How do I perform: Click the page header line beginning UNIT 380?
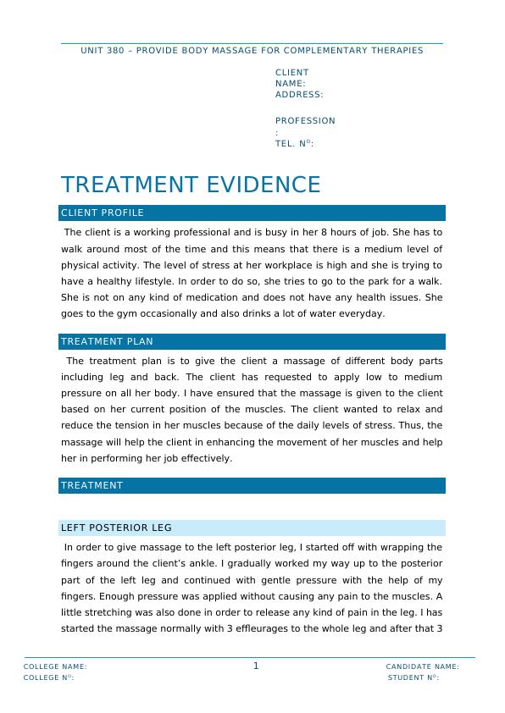(252, 50)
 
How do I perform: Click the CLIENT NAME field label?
(291, 78)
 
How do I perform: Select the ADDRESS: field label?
(299, 95)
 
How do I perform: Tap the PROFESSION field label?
(305, 121)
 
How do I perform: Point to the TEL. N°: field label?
(294, 144)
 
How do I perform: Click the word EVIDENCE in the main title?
(262, 185)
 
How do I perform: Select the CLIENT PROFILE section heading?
(103, 213)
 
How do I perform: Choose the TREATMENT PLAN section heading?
(107, 342)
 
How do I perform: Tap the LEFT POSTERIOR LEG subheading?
(116, 528)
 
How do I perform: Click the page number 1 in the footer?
(256, 666)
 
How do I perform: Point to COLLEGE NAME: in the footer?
(55, 666)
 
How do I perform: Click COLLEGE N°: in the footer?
(48, 677)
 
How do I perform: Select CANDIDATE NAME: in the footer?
(422, 666)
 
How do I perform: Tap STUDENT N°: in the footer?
(413, 677)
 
